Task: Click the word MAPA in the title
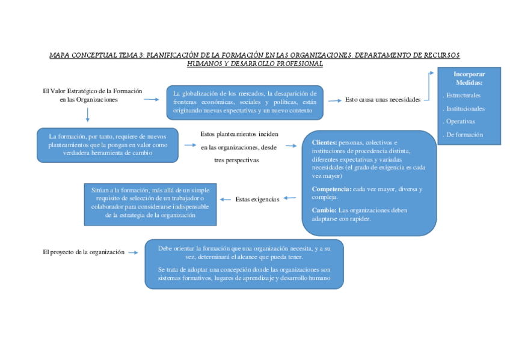click(x=60, y=55)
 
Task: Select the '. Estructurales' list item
click(x=461, y=96)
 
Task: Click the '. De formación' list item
click(x=462, y=135)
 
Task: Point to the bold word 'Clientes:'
click(x=325, y=142)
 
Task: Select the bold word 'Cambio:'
click(x=324, y=210)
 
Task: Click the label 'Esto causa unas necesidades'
click(x=382, y=100)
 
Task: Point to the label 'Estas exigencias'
click(x=257, y=199)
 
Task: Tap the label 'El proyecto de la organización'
click(x=84, y=252)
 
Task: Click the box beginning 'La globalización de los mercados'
click(x=245, y=102)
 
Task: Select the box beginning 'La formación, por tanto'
click(x=108, y=145)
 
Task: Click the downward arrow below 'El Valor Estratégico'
click(x=88, y=115)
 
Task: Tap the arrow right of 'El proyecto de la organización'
click(x=134, y=252)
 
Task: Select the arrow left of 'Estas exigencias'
click(x=226, y=199)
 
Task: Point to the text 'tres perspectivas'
click(x=236, y=160)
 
